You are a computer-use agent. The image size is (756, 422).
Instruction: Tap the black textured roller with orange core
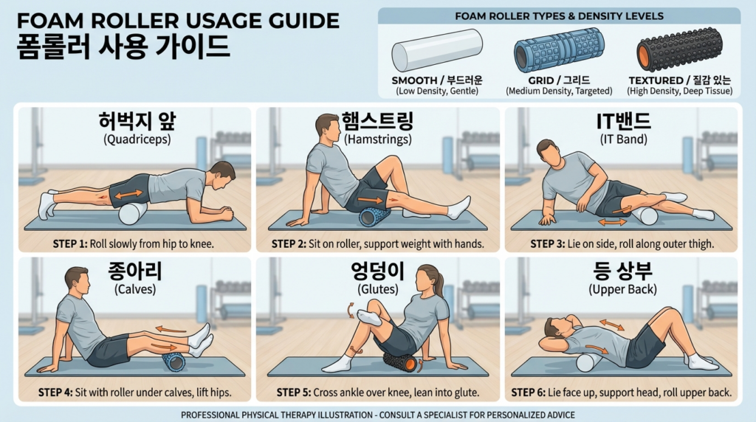click(678, 49)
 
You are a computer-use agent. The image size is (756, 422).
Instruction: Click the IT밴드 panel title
click(621, 122)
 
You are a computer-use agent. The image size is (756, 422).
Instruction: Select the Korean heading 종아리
click(135, 271)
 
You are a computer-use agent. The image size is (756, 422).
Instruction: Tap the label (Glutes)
click(378, 289)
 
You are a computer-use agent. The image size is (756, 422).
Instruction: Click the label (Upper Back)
click(621, 289)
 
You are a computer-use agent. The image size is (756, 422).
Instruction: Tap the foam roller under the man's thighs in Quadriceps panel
click(133, 213)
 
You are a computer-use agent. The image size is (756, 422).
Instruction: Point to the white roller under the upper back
click(589, 362)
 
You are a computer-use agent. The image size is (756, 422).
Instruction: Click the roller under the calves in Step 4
click(174, 361)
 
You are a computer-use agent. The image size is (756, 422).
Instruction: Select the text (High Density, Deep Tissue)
click(679, 91)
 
